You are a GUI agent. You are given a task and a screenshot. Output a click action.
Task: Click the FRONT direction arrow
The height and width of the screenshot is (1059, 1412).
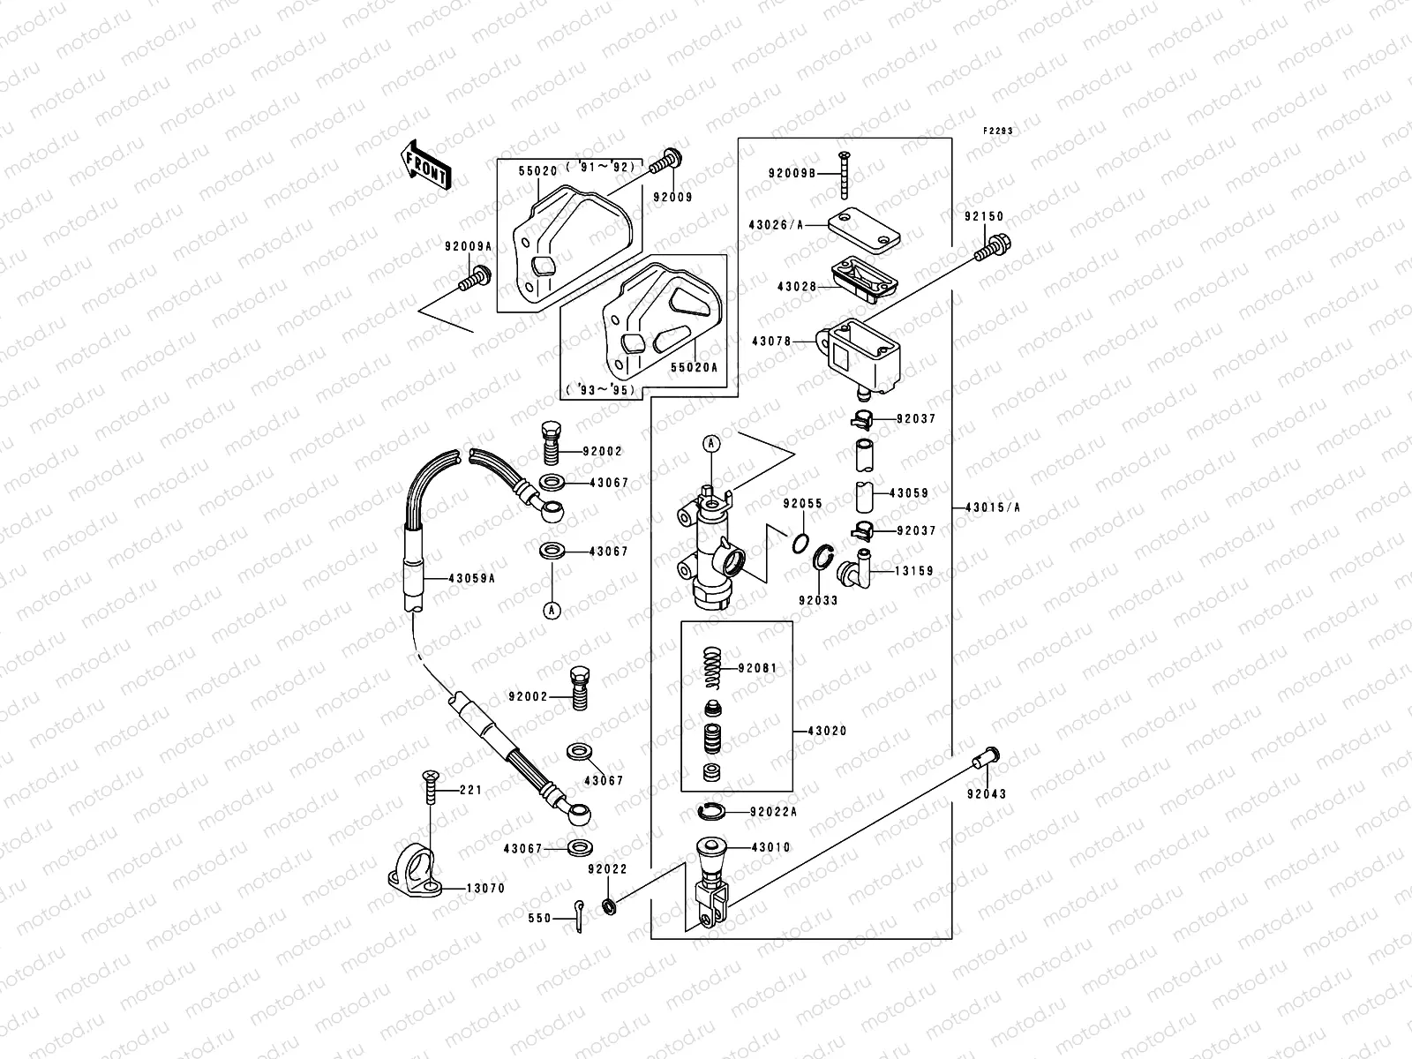tap(426, 165)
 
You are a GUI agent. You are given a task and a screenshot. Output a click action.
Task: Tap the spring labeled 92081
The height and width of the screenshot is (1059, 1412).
tap(713, 667)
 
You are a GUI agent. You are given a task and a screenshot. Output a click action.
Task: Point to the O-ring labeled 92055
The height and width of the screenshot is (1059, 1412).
tap(798, 540)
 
